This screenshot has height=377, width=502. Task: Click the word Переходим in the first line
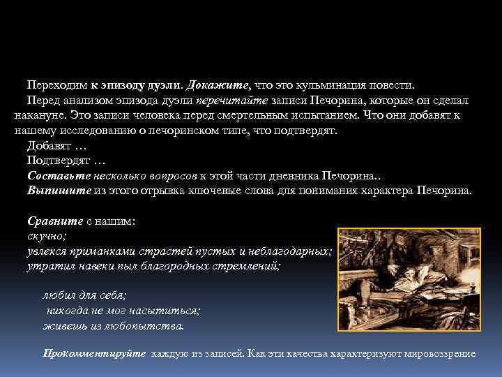(56, 85)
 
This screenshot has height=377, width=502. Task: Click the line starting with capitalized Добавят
(57, 146)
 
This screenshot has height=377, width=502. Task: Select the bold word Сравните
(55, 221)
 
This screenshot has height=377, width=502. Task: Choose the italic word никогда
(70, 311)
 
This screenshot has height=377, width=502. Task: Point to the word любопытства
(145, 325)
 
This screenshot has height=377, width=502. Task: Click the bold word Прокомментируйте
(95, 354)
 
